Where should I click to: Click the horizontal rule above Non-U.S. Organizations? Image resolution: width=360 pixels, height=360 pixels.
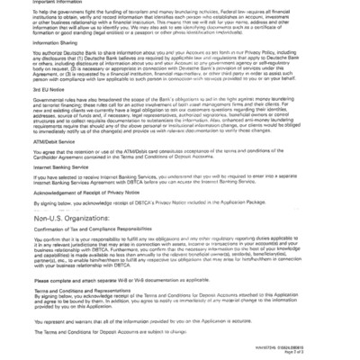point(180,211)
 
